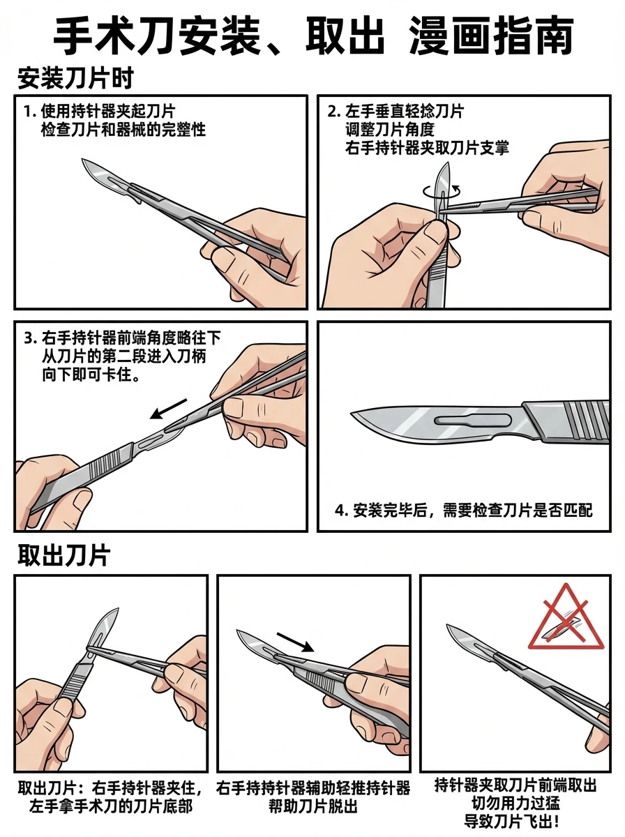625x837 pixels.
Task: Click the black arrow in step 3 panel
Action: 170,409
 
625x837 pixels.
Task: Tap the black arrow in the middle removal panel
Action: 296,641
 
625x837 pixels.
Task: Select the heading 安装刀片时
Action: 75,79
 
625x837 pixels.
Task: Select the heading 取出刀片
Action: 63,556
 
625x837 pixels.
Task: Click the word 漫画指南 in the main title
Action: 492,34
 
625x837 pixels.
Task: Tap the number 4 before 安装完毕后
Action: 340,511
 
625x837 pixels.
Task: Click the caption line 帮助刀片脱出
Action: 312,807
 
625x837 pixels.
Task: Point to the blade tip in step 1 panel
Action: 84,162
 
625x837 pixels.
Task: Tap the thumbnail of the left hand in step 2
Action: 437,233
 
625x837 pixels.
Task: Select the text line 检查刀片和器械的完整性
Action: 123,130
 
